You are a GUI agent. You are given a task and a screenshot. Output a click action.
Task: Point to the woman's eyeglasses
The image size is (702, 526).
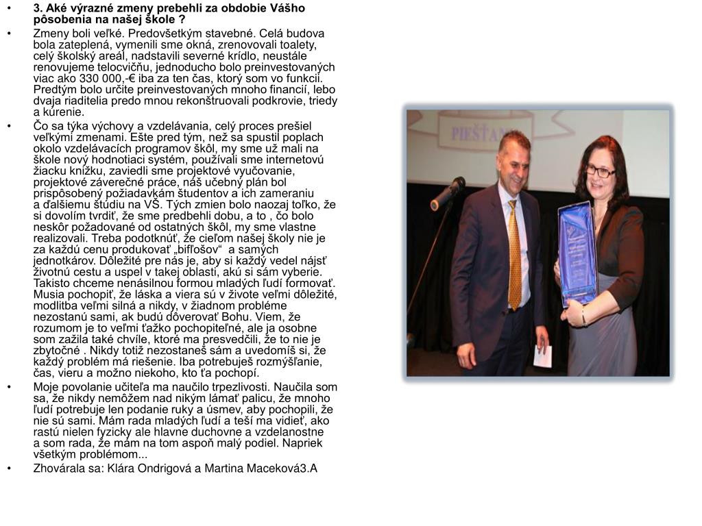click(x=601, y=171)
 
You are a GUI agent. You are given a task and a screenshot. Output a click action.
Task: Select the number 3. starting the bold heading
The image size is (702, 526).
click(x=38, y=8)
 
